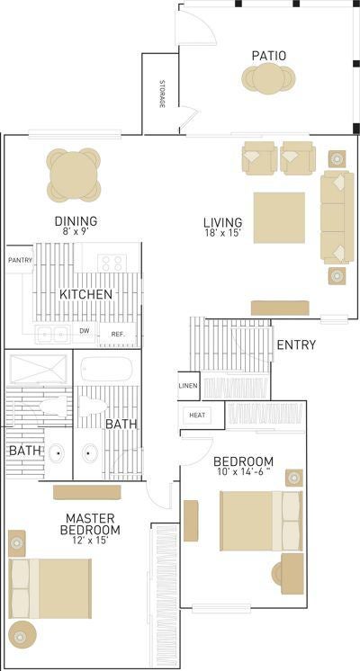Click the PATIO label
tap(269, 56)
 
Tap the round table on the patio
tap(269, 78)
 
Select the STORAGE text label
tap(162, 94)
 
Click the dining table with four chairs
tap(73, 175)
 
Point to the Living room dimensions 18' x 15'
tap(222, 234)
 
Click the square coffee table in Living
tap(279, 218)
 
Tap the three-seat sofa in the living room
tap(337, 217)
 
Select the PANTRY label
tap(20, 259)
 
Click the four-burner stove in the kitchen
tap(112, 263)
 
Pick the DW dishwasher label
tap(87, 330)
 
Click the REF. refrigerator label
tap(118, 334)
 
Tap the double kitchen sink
tap(53, 334)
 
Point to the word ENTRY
tap(297, 344)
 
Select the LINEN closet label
tap(188, 386)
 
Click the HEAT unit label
tap(197, 415)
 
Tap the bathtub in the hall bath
tap(107, 369)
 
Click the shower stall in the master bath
tap(39, 369)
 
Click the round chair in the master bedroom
tap(22, 636)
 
